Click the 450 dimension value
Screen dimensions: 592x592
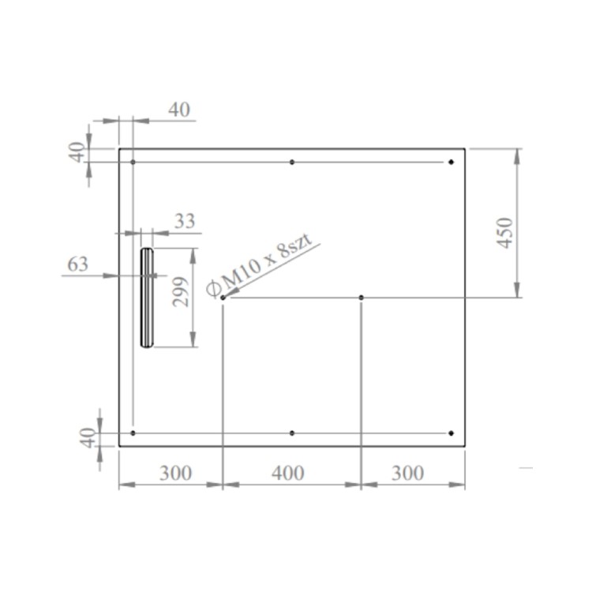pos(506,232)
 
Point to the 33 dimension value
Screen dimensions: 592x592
pos(184,221)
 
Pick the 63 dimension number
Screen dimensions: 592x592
pos(77,264)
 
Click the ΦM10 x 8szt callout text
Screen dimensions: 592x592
pos(260,267)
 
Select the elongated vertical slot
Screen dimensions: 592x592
pos(147,298)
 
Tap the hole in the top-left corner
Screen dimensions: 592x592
pos(133,162)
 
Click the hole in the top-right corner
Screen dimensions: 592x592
pos(451,162)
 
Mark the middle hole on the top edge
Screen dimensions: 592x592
pos(292,162)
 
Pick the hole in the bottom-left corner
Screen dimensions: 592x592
pos(133,433)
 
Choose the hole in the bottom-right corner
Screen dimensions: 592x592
pos(451,433)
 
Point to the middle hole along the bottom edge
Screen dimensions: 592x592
pos(292,433)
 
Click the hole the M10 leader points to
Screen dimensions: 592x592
pos(223,298)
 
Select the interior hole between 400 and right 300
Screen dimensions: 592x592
pos(362,298)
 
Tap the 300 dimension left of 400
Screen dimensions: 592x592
pos(175,473)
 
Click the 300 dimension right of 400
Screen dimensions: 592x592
pos(407,473)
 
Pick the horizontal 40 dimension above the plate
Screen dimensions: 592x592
pos(179,110)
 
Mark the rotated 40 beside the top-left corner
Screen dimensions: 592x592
pos(77,152)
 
